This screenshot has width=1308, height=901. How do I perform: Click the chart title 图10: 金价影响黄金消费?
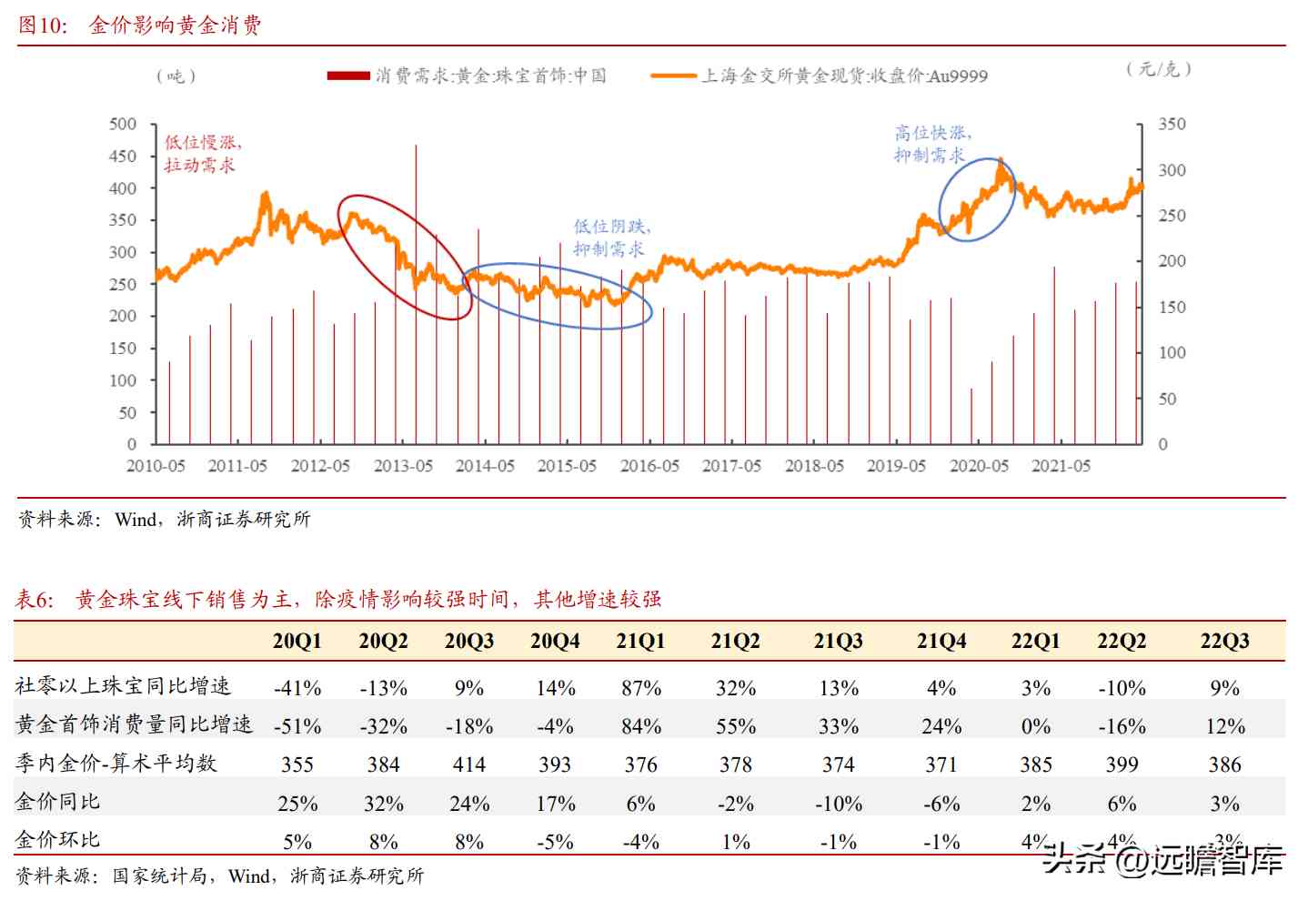tap(140, 25)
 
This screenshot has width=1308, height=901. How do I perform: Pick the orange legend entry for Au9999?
tap(820, 76)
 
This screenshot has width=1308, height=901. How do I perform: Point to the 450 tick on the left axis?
tap(123, 157)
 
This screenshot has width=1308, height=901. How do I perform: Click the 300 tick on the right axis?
tap(1172, 170)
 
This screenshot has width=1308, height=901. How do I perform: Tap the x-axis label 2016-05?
tap(649, 466)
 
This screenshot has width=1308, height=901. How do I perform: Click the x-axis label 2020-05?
tap(979, 466)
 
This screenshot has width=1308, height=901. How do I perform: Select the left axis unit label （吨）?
tap(176, 76)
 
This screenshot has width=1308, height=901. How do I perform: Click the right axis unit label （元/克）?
tap(1158, 69)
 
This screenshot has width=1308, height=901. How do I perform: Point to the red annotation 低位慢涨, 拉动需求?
tap(202, 153)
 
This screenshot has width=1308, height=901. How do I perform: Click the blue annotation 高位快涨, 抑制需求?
tap(931, 144)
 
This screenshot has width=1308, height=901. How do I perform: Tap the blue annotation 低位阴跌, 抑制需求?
tap(611, 238)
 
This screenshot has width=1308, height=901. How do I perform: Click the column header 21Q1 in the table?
tap(640, 641)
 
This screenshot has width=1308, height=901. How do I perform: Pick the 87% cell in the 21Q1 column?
tap(640, 688)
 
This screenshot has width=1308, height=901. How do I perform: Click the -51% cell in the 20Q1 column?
tap(297, 726)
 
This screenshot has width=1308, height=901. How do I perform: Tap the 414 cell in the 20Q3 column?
tap(468, 764)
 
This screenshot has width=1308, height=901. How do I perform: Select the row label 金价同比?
tap(58, 802)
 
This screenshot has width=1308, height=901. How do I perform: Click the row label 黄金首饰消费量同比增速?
tap(134, 724)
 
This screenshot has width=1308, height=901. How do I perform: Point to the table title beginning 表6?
tap(338, 599)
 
